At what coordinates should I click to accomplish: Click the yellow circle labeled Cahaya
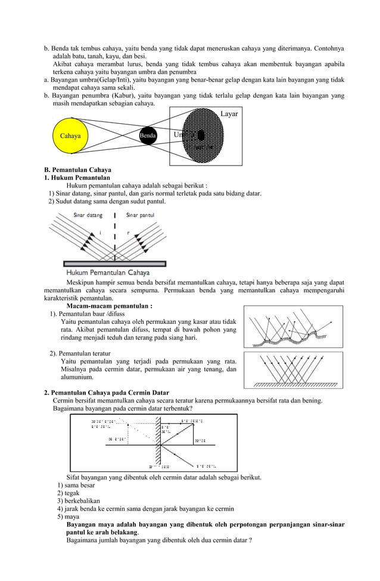70,136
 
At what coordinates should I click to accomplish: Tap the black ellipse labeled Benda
148,136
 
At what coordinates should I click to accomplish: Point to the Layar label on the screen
229,113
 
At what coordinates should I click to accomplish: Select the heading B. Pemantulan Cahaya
77,170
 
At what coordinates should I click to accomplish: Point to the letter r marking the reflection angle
127,232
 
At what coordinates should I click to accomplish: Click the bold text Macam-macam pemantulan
109,306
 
